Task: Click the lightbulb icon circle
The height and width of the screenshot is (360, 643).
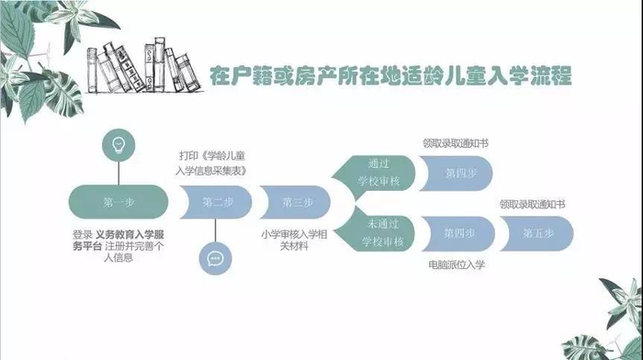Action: pyautogui.click(x=118, y=145)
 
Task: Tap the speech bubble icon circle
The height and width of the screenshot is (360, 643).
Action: pyautogui.click(x=215, y=259)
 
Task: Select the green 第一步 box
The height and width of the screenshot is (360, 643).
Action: pyautogui.click(x=118, y=202)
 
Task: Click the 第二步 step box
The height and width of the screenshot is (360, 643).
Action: pyautogui.click(x=216, y=202)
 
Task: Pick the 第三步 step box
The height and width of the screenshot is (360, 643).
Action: pyautogui.click(x=295, y=202)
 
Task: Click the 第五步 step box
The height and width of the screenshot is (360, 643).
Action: pyautogui.click(x=537, y=233)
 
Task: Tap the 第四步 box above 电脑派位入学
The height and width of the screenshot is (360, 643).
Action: pyautogui.click(x=458, y=233)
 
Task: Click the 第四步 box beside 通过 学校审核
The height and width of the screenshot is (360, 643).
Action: pyautogui.click(x=456, y=173)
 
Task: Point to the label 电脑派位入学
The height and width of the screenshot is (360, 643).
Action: pyautogui.click(x=457, y=264)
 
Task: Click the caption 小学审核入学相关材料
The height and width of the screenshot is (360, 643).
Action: pyautogui.click(x=294, y=241)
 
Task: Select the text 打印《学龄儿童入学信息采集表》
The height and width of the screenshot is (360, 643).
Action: pyautogui.click(x=211, y=163)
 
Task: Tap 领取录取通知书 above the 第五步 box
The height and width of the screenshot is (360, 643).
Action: pyautogui.click(x=532, y=204)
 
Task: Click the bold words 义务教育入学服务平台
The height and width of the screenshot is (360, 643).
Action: pyautogui.click(x=118, y=241)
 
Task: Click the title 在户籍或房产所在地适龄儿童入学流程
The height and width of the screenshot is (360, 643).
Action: pyautogui.click(x=390, y=75)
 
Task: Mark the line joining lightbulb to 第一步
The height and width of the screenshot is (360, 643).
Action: pyautogui.click(x=118, y=174)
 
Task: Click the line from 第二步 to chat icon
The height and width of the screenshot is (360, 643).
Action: pyautogui.click(x=215, y=231)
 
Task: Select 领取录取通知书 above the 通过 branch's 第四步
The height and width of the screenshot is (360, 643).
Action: pyautogui.click(x=456, y=143)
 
